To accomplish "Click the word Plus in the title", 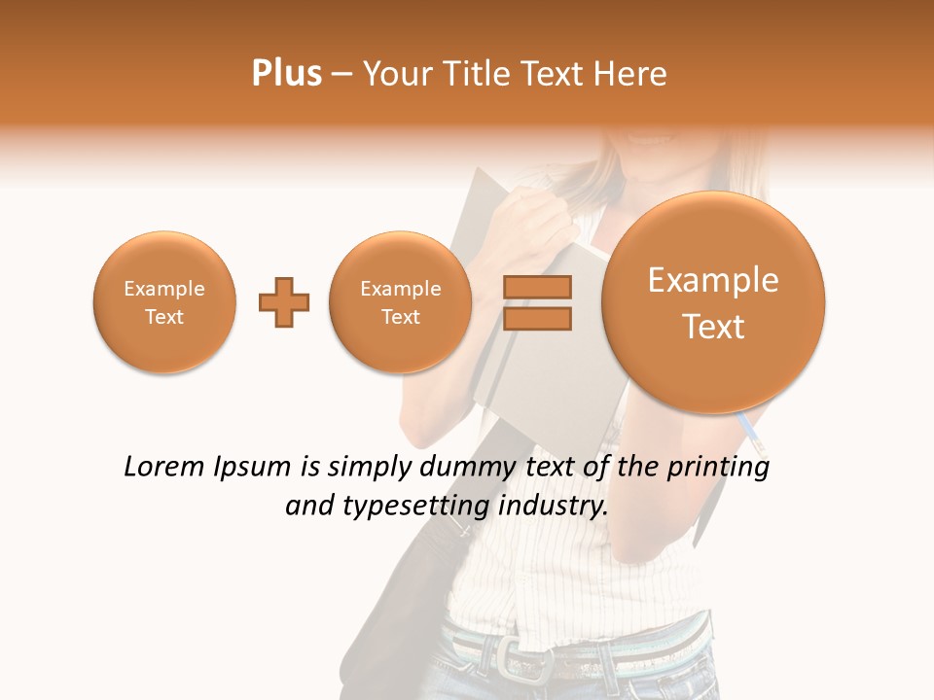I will pos(286,74).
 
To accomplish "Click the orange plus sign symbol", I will pos(284,302).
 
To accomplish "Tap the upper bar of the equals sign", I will pos(537,287).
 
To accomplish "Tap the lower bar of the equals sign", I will pos(537,318).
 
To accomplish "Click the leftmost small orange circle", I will pos(164,302).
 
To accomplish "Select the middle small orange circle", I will pos(401,302).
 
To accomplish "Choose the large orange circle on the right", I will pos(713,302).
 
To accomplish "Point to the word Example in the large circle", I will pos(713,280).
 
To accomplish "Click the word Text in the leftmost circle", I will pos(164,317).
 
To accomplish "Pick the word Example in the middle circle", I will pos(401,289).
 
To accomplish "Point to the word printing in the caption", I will pos(718,469).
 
